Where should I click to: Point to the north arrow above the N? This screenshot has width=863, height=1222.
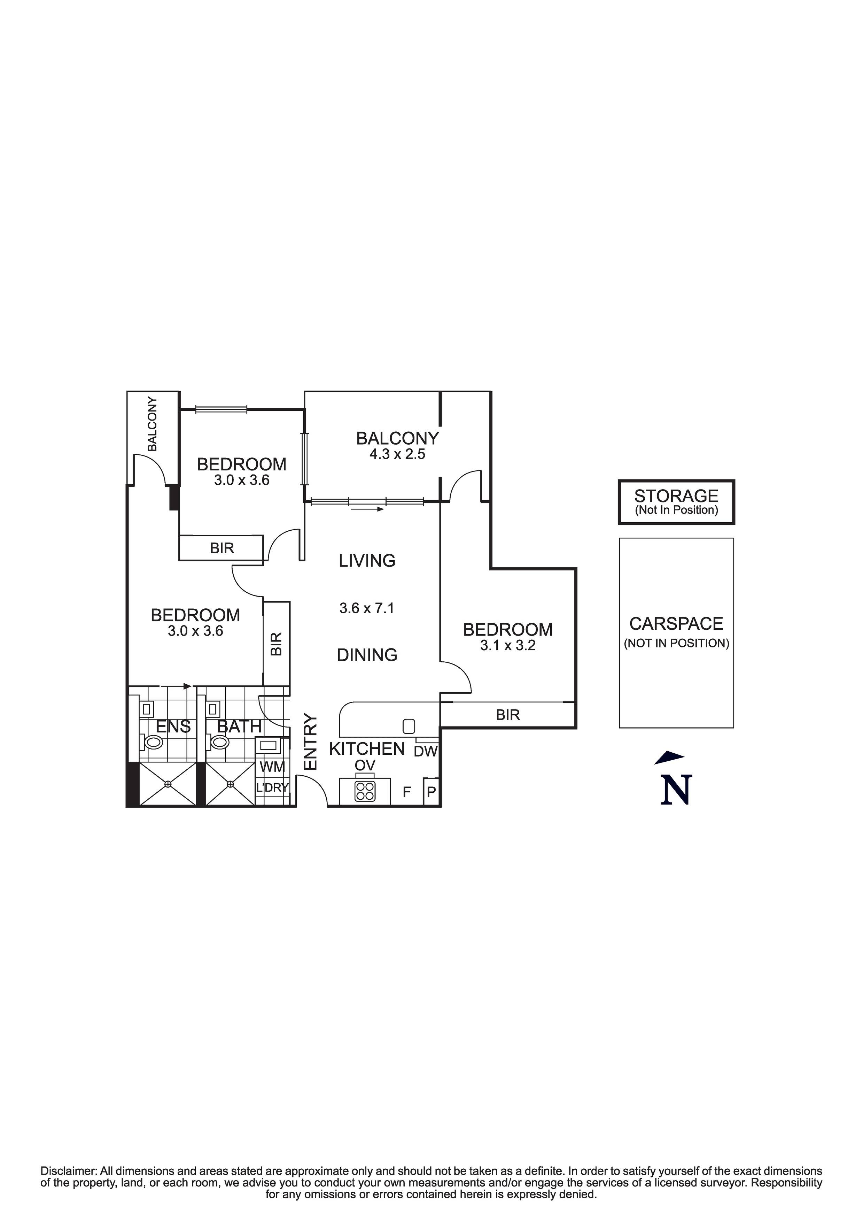pos(669,756)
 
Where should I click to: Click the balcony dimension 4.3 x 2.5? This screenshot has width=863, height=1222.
pos(397,454)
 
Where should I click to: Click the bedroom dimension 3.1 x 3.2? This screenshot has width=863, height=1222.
pos(507,646)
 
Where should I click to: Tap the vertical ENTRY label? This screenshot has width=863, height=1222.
pos(310,741)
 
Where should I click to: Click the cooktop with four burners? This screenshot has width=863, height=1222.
pos(365,791)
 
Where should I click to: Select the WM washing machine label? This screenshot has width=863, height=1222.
pos(272,767)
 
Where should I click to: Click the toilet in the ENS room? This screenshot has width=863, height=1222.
pos(154,742)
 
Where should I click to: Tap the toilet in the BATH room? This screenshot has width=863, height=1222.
pos(219,741)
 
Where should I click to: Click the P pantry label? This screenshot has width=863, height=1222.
pos(431,792)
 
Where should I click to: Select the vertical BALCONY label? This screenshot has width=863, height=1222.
pos(153,424)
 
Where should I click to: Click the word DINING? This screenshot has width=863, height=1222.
pos(367,655)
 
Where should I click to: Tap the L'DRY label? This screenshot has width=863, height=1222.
pos(272,788)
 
